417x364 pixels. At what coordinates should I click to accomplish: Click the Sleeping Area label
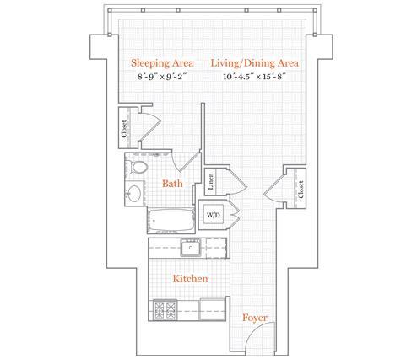coord(162,63)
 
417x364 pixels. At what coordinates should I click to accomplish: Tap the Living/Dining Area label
coord(255,63)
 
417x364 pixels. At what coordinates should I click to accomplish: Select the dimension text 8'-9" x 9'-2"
coord(162,77)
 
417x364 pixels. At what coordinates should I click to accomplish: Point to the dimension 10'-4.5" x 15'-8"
coord(255,77)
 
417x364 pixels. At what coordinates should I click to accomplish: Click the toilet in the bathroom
coord(137,168)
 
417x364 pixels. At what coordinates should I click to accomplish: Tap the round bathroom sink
coord(134,193)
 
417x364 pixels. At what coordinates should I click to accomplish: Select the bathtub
coord(171,221)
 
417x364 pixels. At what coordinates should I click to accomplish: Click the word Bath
coord(172,184)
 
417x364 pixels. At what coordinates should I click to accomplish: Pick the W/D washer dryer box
coord(213,215)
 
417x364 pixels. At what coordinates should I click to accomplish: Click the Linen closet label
coord(210,181)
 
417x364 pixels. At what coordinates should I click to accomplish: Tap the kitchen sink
coord(191,247)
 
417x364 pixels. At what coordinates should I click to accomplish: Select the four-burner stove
coord(165,310)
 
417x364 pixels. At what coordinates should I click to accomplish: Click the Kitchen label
coord(191,279)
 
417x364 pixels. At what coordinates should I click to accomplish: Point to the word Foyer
coord(255,318)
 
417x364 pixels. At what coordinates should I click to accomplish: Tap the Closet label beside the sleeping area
coord(124,129)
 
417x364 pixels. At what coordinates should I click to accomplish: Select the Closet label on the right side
coord(301,190)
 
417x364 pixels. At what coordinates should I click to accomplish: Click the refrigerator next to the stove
coord(213,310)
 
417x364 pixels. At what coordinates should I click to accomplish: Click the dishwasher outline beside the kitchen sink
coord(216,249)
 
